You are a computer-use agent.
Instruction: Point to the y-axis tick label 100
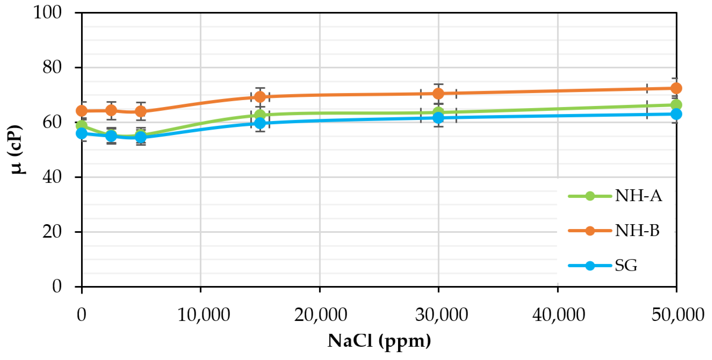pyautogui.click(x=47, y=12)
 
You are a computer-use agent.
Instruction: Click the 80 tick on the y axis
pyautogui.click(x=52, y=67)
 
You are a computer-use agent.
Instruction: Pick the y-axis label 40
pyautogui.click(x=52, y=177)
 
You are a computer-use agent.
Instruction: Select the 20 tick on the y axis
pyautogui.click(x=52, y=232)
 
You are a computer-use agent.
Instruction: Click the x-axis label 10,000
pyautogui.click(x=204, y=315)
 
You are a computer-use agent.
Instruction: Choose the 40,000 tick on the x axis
pyautogui.click(x=559, y=315)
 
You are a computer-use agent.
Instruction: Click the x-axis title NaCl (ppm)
pyautogui.click(x=379, y=341)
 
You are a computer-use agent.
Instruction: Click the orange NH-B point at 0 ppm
pyautogui.click(x=82, y=111)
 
